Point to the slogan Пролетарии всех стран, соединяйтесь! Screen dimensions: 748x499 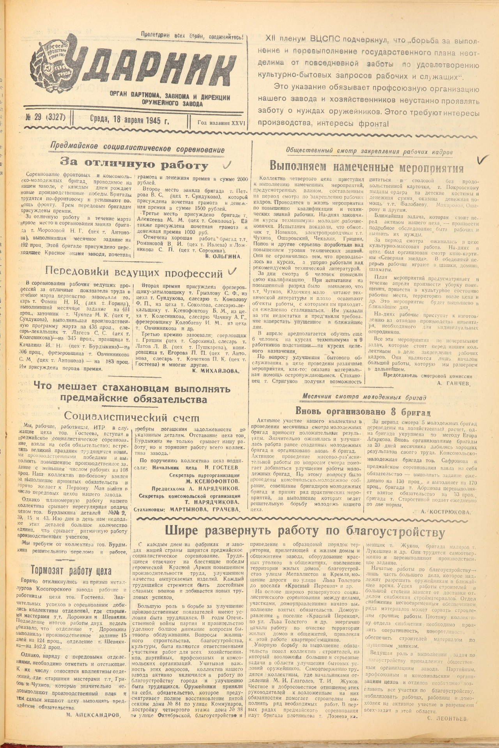pos(192,38)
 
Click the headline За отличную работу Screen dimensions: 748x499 pos(134,165)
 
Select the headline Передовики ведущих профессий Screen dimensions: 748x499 pos(134,272)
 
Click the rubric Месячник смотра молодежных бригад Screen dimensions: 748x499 pos(363,397)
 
